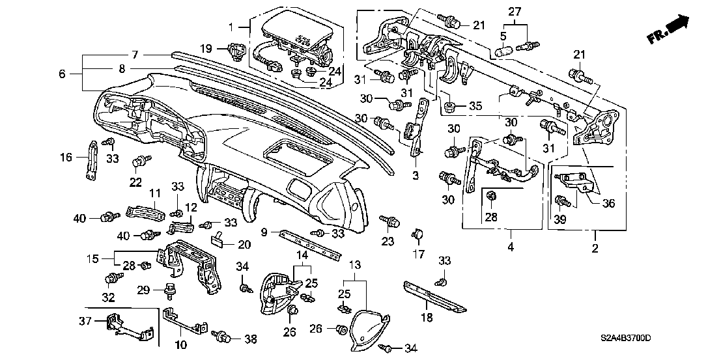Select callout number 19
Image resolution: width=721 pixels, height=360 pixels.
click(x=206, y=49)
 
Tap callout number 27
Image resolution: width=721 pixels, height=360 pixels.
click(x=515, y=12)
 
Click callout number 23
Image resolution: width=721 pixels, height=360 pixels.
click(x=388, y=241)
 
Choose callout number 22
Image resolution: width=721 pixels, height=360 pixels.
click(x=136, y=182)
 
